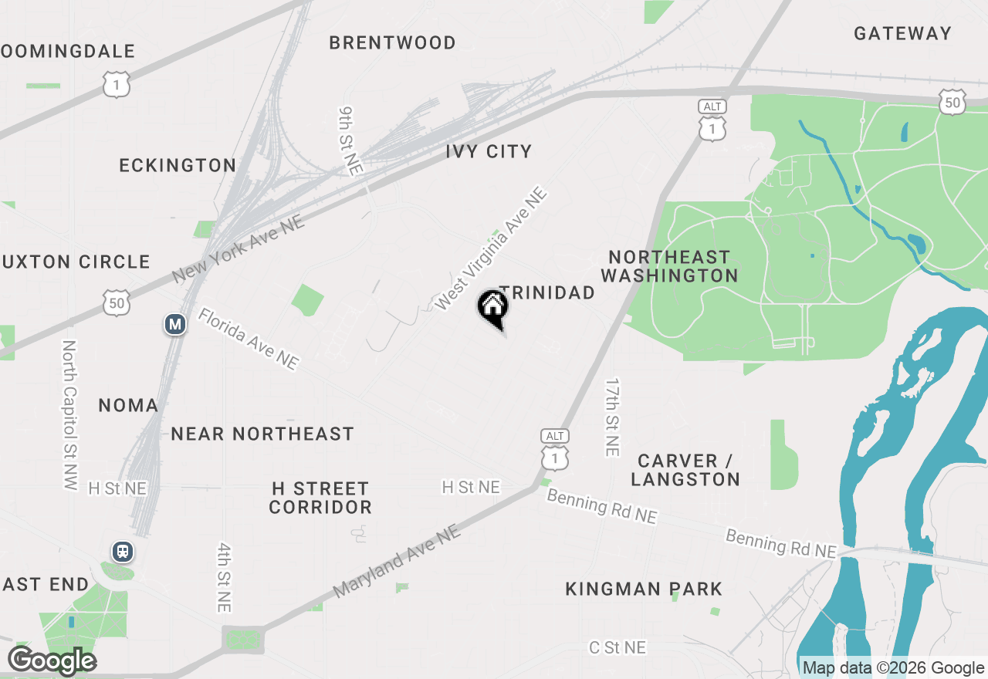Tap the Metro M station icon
[175, 324]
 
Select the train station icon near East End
[122, 552]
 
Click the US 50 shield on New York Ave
[116, 303]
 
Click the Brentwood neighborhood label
[392, 42]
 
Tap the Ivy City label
[489, 151]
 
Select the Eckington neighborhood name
[178, 165]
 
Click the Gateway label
[902, 33]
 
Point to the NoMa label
[128, 405]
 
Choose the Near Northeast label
[262, 434]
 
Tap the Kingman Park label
[644, 589]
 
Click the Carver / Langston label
[685, 470]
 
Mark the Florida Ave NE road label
[248, 339]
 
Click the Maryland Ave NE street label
[397, 561]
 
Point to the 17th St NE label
[612, 417]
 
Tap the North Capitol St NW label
[69, 415]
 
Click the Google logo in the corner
[52, 660]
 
